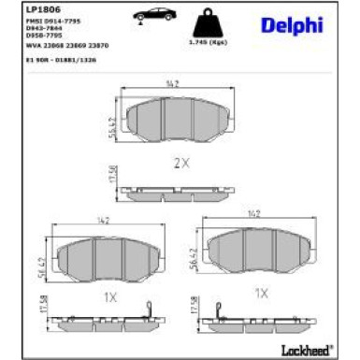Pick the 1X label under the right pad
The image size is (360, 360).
pyautogui.click(x=262, y=293)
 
